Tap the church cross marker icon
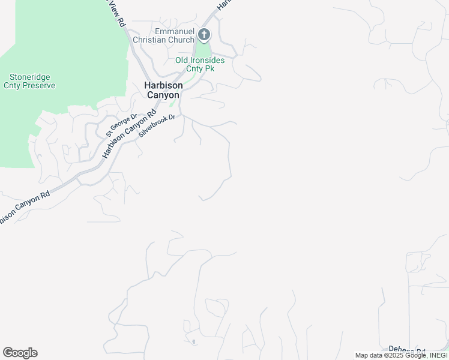pos(204,35)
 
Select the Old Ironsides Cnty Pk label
pos(200,64)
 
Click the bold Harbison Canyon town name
pos(163,90)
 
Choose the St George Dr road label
pos(122,125)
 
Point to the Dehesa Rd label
pos(407,350)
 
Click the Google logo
pos(20,353)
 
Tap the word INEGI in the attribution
pos(436,355)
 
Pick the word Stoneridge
pos(29,77)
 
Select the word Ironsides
pos(208,60)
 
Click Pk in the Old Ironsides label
pos(210,68)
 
